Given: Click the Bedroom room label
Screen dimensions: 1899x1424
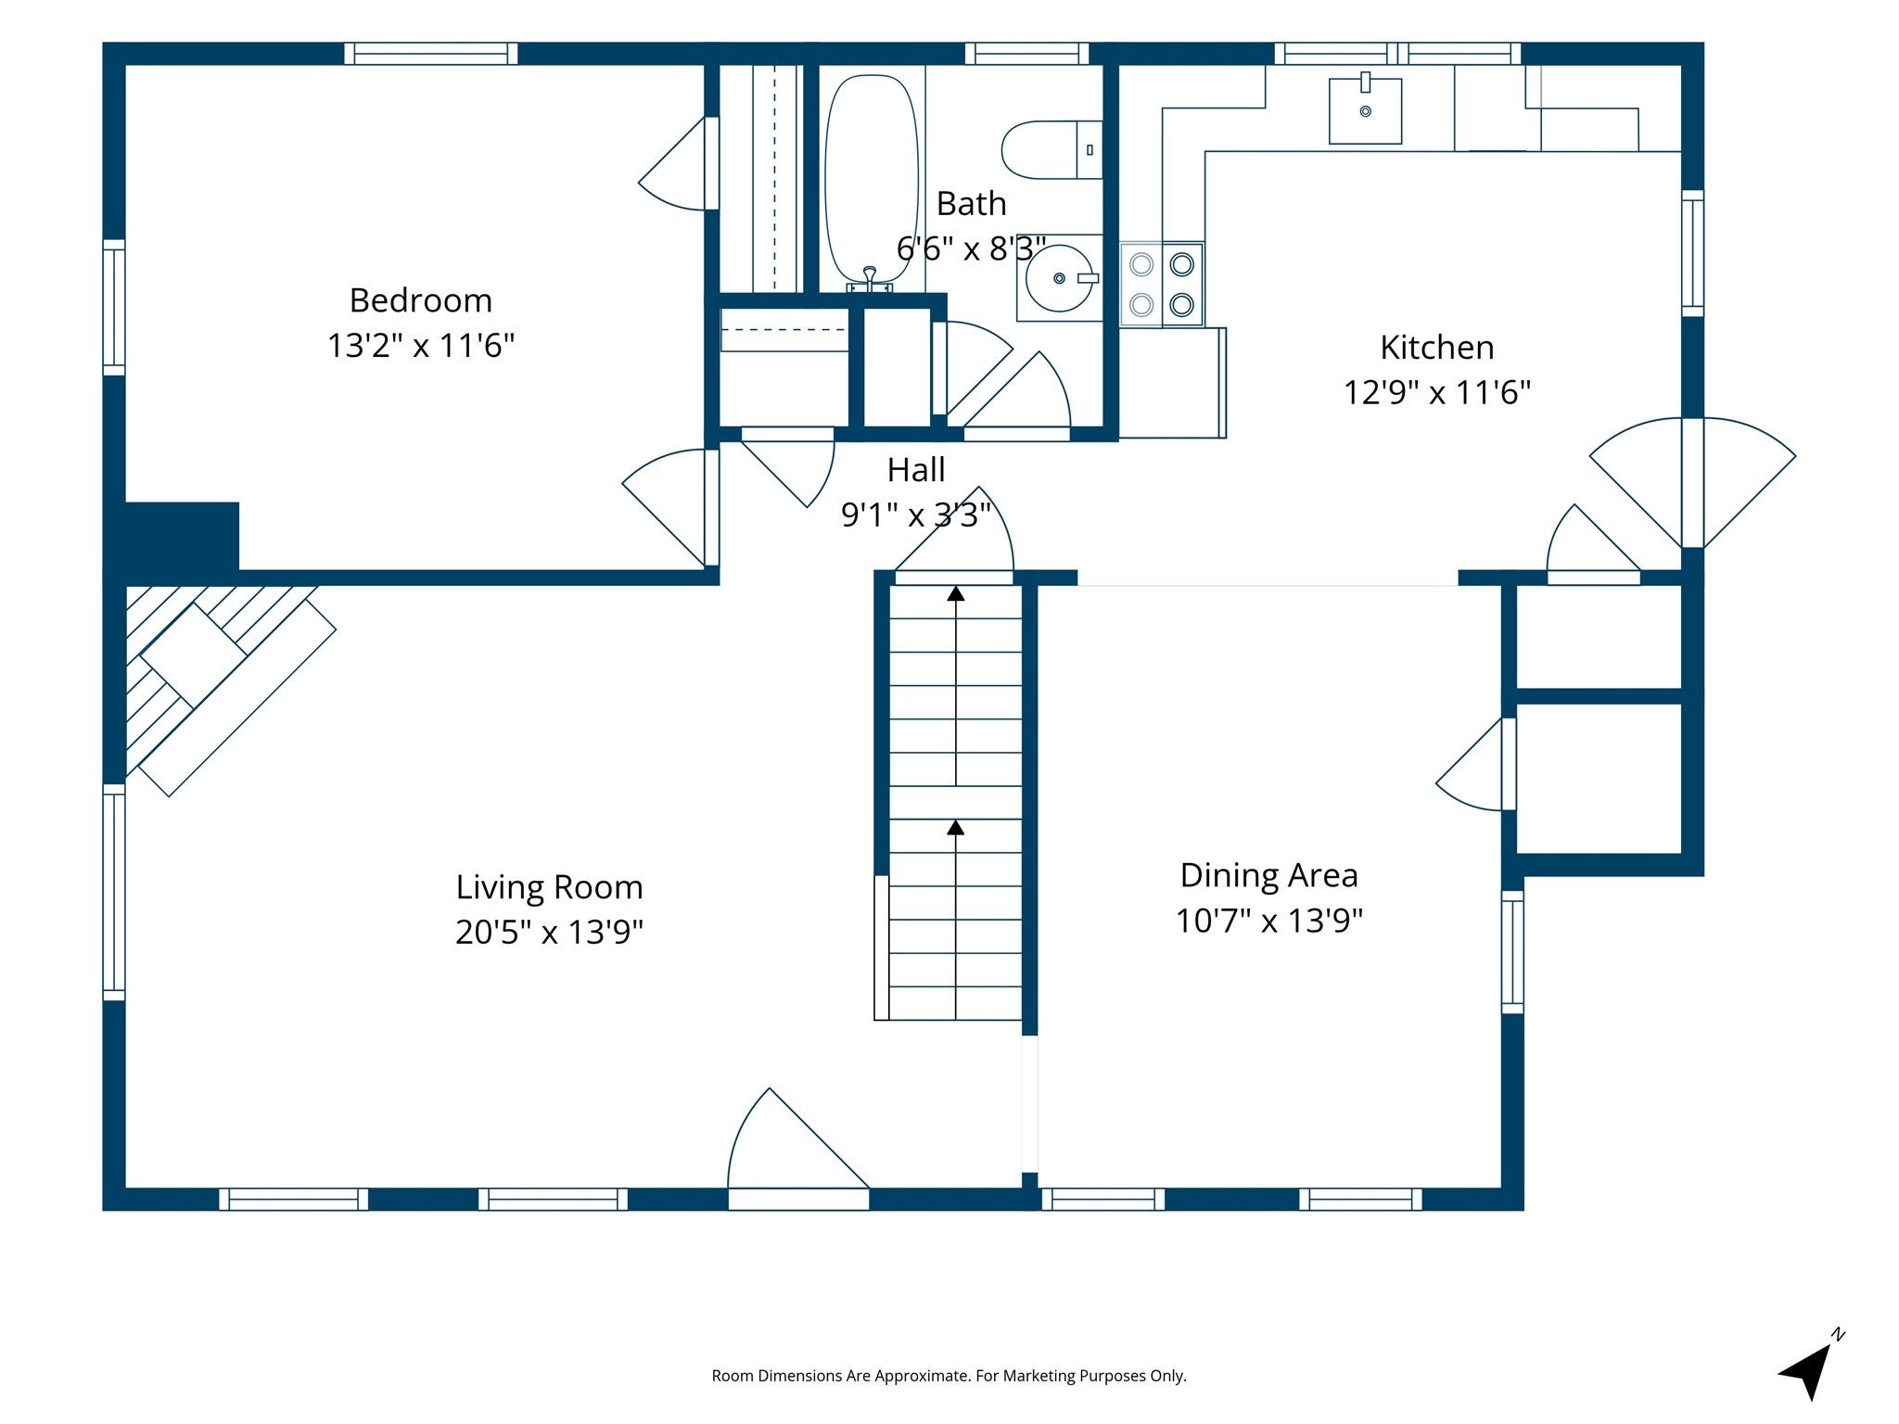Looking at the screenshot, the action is tap(420, 300).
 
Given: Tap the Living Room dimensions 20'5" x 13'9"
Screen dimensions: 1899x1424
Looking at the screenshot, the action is tap(549, 931).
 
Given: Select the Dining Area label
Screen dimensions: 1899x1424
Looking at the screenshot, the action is tap(1268, 875).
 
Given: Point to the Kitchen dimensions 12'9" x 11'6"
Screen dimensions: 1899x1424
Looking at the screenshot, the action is tap(1436, 392).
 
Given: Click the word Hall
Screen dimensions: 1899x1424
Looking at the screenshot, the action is tap(916, 470).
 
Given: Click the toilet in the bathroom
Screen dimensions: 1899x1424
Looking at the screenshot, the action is tap(1051, 149).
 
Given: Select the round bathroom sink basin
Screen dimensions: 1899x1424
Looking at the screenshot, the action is tap(1059, 277).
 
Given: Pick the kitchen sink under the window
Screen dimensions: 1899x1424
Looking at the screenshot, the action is tap(1365, 109).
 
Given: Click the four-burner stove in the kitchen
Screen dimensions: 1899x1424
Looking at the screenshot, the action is tap(1162, 285).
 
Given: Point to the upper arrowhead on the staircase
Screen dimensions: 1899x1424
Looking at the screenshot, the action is tap(955, 592).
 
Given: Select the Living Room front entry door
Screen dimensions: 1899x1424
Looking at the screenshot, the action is tap(798, 1150).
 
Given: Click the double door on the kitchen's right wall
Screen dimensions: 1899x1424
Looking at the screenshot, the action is tap(1693, 483).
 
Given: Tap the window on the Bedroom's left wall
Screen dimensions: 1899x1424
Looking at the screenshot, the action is tap(114, 307).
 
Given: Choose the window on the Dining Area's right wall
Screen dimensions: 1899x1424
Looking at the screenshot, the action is tap(1512, 952).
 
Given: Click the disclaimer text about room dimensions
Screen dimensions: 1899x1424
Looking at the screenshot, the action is tap(949, 1376).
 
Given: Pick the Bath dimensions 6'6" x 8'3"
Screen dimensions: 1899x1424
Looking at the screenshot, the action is tap(971, 248).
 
